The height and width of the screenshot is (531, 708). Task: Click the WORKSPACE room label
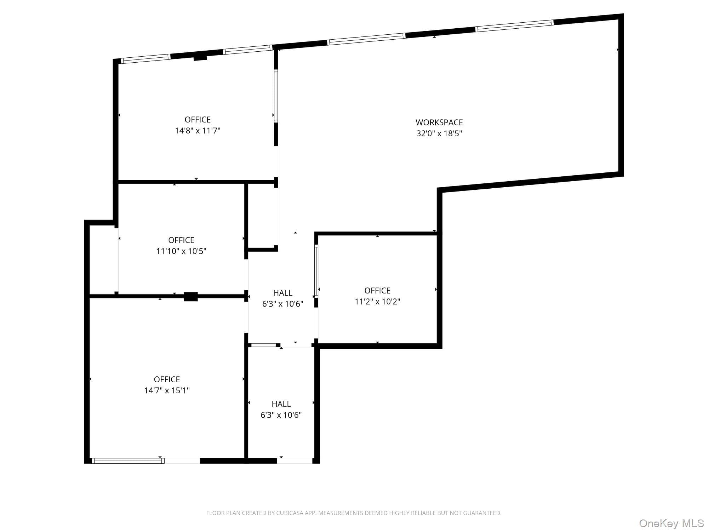[x=439, y=122]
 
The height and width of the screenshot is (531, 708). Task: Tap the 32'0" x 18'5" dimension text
[x=439, y=133]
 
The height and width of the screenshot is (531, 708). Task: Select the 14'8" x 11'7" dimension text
[x=198, y=131]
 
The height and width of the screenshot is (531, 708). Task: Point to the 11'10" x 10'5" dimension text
[x=181, y=251]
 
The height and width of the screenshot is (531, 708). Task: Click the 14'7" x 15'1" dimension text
[x=167, y=390]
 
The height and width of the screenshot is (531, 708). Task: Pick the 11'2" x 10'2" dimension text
[x=377, y=302]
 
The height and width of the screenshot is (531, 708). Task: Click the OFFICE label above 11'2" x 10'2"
[x=377, y=291]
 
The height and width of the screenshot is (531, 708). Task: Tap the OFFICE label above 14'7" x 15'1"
[x=167, y=379]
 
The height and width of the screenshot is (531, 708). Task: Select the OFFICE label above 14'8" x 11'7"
[x=198, y=120]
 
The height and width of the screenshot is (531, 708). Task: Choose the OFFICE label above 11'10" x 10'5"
[x=181, y=240]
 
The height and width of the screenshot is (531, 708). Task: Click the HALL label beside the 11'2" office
[x=282, y=293]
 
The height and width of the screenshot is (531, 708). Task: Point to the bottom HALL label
[x=281, y=404]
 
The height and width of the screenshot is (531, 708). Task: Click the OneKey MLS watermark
[x=672, y=523]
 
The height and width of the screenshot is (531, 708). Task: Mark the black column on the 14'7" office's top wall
[x=190, y=297]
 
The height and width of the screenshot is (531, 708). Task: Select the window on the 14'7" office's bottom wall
[x=128, y=461]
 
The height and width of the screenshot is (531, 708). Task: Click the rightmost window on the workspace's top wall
[x=514, y=26]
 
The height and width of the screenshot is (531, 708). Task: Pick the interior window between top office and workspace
[x=276, y=96]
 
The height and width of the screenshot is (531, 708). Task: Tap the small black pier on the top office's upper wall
[x=200, y=58]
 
